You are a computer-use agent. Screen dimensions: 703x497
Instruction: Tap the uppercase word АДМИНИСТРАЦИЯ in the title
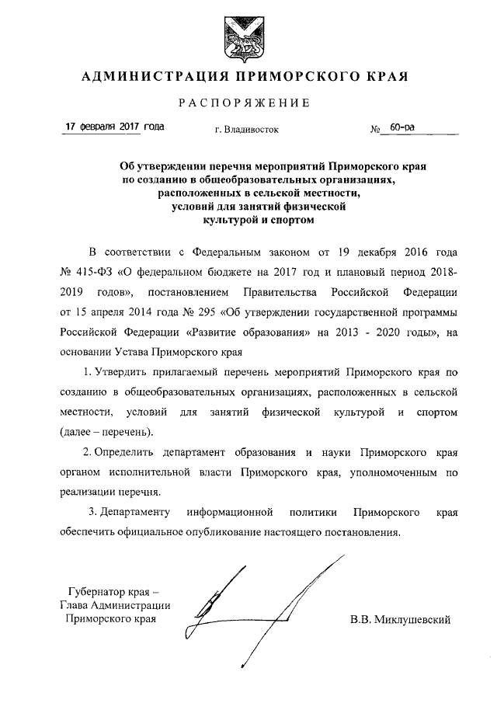pos(145,76)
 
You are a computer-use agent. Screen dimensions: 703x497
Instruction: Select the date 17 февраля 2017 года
pos(113,126)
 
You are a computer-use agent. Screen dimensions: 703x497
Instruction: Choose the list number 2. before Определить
pos(88,452)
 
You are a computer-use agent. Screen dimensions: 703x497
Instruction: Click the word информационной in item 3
pos(232,513)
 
